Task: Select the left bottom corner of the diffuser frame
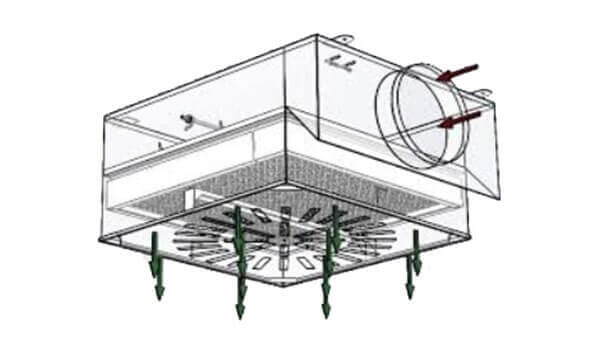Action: [x=107, y=241]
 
